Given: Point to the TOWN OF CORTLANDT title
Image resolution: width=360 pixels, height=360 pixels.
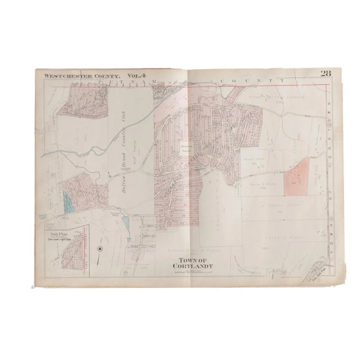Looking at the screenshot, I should pos(188,262).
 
